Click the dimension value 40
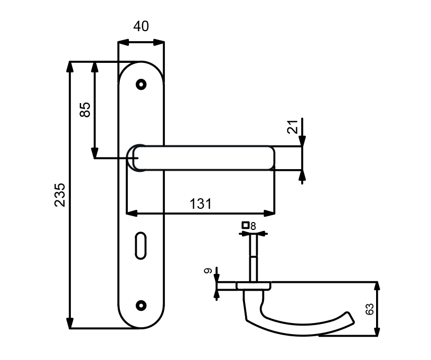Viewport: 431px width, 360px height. click(x=141, y=26)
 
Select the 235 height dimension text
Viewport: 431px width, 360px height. click(x=60, y=195)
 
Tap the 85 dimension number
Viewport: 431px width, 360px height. click(x=85, y=110)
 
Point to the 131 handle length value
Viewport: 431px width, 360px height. click(x=201, y=204)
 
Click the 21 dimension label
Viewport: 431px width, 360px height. click(x=293, y=127)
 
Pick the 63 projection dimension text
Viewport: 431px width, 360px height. click(x=369, y=309)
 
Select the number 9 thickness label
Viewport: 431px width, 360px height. click(x=208, y=271)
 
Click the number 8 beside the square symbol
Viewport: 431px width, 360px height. click(x=253, y=226)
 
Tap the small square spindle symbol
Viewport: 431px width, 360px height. click(x=245, y=225)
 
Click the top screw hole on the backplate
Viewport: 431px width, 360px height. click(x=141, y=85)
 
